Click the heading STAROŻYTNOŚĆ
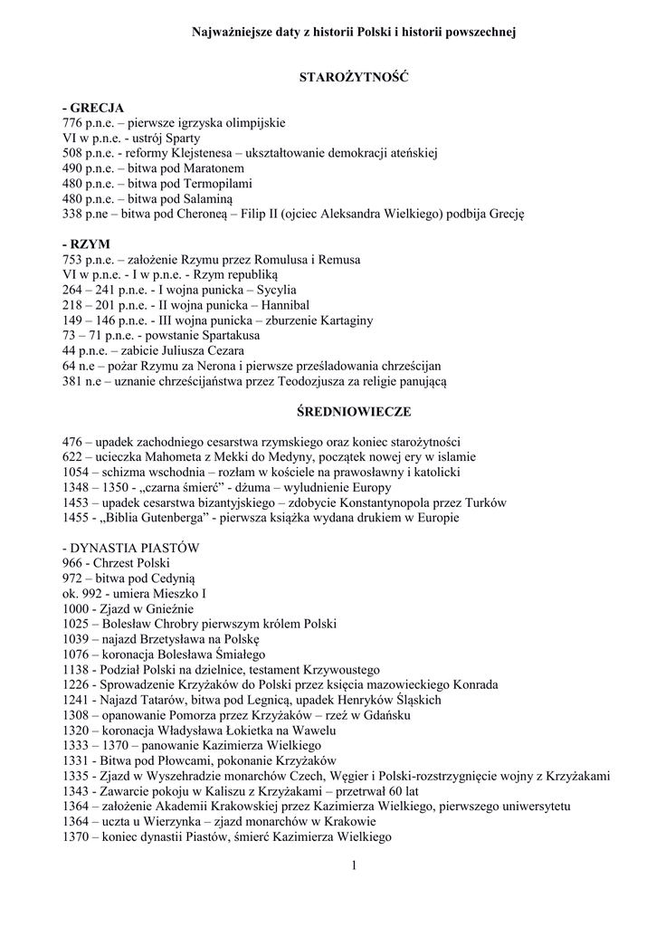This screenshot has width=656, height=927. (x=354, y=78)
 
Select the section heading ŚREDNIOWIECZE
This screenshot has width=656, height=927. (x=354, y=412)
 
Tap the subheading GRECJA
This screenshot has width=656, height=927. (x=97, y=108)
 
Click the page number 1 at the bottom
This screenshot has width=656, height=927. (x=354, y=865)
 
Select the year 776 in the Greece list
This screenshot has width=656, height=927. (x=72, y=122)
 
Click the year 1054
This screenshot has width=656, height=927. (x=76, y=473)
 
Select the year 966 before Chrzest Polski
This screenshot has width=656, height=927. (x=72, y=563)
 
